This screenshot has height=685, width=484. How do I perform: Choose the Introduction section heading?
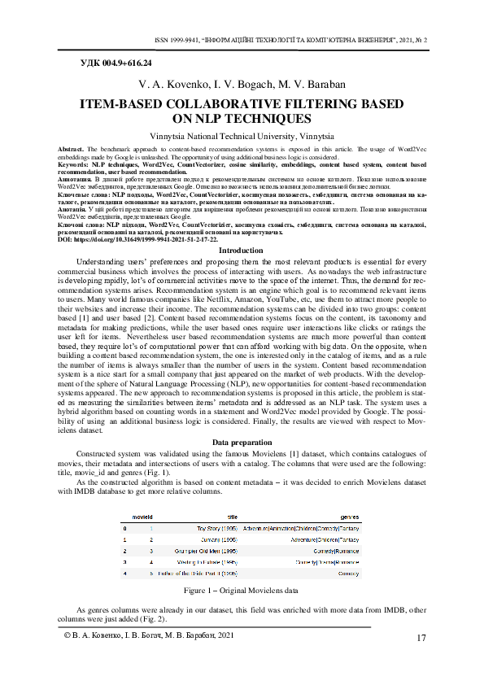[242, 251]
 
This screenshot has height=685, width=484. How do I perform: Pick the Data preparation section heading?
[242, 442]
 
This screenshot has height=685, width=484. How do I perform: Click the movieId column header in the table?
[142, 517]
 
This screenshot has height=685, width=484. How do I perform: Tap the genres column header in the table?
[349, 517]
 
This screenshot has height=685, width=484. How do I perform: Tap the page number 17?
[421, 637]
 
